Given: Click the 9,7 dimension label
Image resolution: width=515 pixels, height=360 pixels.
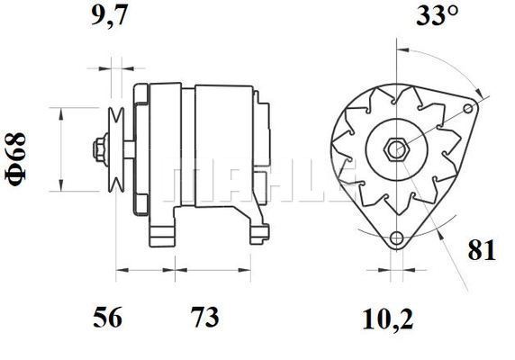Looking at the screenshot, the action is (109, 15).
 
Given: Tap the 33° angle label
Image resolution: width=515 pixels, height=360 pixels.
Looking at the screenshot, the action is (437, 15).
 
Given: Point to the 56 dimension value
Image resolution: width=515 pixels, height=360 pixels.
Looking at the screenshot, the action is (107, 317).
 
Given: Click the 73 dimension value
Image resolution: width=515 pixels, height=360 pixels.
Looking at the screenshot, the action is (205, 317).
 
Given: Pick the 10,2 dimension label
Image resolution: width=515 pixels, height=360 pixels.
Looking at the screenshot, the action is (387, 319).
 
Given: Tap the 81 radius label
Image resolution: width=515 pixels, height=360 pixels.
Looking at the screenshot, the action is (482, 250).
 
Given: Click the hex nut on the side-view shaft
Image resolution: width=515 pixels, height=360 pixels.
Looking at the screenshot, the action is (100, 149).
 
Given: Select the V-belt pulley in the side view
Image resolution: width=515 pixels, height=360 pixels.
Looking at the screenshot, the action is (116, 149).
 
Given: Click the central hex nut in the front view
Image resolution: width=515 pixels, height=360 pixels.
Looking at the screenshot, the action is (396, 149).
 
